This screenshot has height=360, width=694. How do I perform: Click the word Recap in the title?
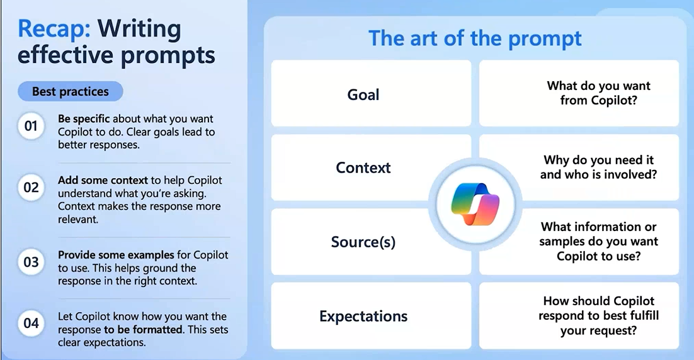[x=54, y=29]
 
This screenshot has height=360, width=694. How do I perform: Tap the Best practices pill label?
[x=71, y=91]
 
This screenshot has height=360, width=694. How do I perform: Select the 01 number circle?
[x=31, y=126]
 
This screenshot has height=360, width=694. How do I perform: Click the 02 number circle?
[x=31, y=188]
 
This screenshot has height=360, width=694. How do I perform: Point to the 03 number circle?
[x=31, y=262]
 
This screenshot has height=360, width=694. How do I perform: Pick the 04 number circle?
[x=31, y=323]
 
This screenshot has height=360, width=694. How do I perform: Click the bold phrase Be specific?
[x=84, y=119]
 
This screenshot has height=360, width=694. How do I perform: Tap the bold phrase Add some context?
[x=103, y=181]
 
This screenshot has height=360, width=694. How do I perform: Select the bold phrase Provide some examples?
[x=116, y=255]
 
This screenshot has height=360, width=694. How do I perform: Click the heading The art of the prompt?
[x=475, y=38]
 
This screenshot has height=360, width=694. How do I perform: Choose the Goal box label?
[x=363, y=94]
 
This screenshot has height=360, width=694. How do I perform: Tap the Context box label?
[x=363, y=167]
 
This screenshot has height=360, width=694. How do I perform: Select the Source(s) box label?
[x=363, y=242]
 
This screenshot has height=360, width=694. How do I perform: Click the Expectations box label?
[x=363, y=316]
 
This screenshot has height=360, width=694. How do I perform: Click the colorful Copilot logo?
[x=475, y=204]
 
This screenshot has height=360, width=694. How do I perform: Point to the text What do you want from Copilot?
[x=599, y=93]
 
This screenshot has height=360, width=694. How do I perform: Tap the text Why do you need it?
[x=599, y=160]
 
